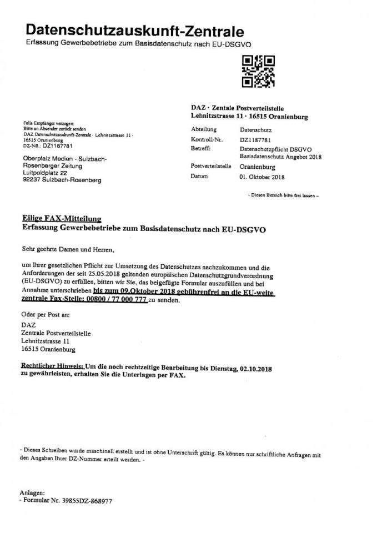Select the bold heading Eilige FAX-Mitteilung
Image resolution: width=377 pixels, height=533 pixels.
point(61,219)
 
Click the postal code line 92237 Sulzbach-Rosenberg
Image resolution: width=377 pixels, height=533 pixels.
point(62,180)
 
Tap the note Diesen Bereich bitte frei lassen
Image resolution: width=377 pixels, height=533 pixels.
point(284,195)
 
